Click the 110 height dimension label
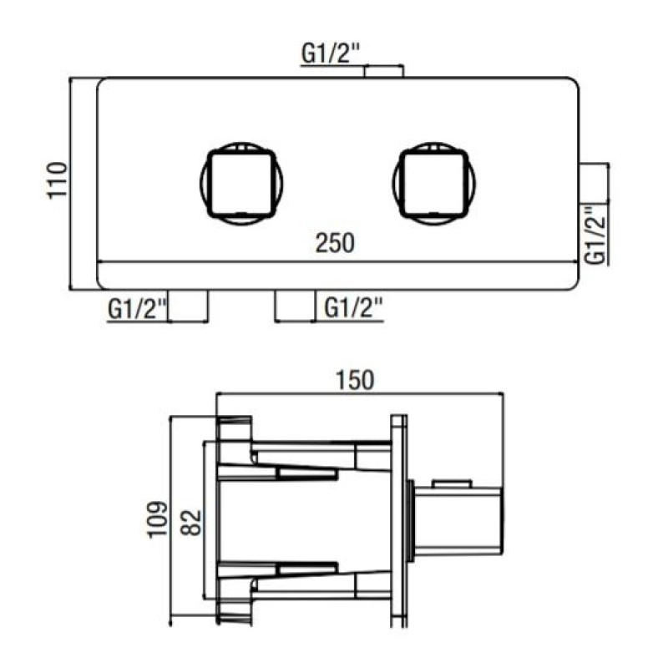pos(57,180)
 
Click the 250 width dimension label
pos(335,243)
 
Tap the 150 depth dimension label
pos(355,381)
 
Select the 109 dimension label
pos(158,519)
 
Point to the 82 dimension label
pos(191,523)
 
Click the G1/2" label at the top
pos(331,53)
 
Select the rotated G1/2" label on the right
pos(595,235)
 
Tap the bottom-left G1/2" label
pos(137,309)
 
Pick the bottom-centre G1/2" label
pos(353,307)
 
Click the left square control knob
pos(241,184)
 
